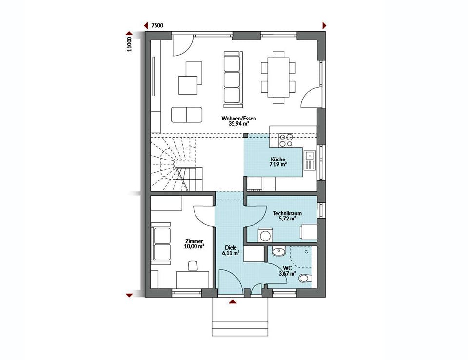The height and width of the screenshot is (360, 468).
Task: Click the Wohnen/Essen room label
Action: tap(238, 119)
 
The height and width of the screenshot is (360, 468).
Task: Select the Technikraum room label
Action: tap(287, 213)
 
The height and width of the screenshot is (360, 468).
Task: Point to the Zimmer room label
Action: tap(194, 241)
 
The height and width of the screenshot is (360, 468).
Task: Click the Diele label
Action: tap(231, 248)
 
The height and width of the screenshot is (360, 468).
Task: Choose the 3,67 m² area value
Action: tap(287, 273)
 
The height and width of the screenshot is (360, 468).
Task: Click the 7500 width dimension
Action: tap(157, 25)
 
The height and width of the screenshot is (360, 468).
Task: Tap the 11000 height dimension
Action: tap(129, 44)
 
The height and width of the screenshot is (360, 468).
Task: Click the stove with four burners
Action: tap(286, 140)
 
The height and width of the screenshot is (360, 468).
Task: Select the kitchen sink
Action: tap(310, 160)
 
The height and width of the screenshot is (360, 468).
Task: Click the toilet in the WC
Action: tap(305, 279)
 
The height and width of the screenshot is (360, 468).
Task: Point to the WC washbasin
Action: tap(279, 251)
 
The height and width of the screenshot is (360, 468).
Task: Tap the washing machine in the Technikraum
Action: tap(265, 235)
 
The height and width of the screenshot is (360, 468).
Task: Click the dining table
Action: tap(278, 77)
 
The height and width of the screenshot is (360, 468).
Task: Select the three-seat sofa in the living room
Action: tap(233, 80)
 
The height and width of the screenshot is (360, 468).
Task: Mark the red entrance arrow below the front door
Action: tap(233, 302)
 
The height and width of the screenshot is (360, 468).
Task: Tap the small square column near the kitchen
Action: tap(246, 135)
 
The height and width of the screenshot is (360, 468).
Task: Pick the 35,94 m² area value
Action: tap(239, 123)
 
